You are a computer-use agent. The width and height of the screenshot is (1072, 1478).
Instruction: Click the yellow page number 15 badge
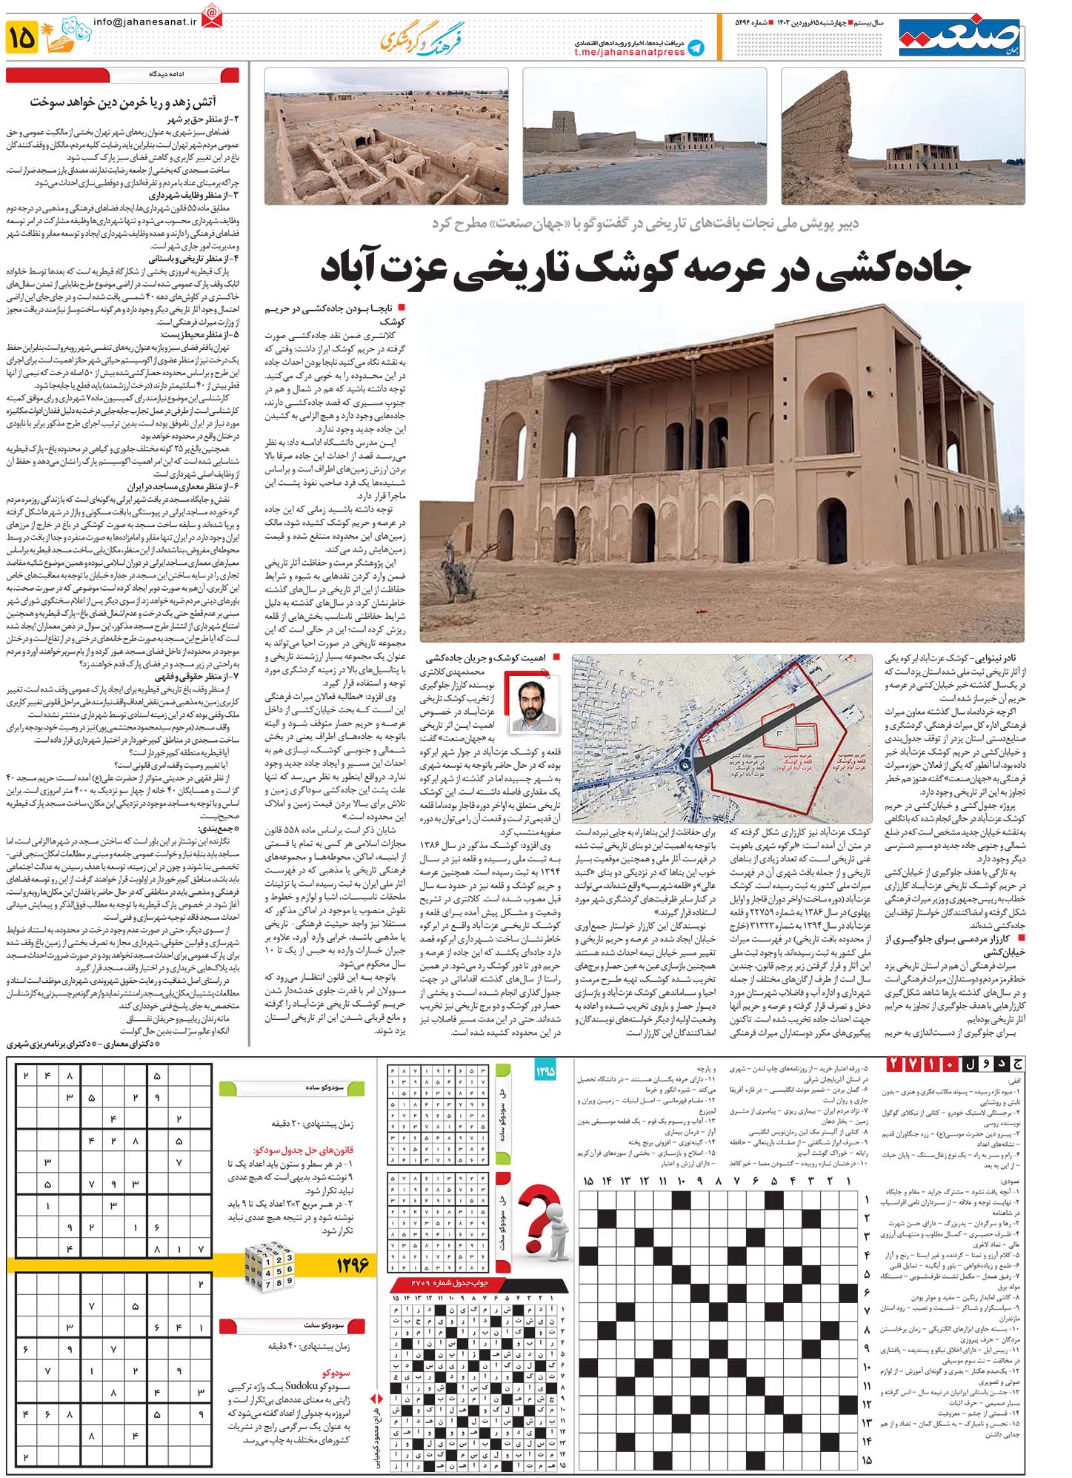pos(21,37)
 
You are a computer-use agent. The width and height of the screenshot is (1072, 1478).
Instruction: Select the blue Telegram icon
pos(695,48)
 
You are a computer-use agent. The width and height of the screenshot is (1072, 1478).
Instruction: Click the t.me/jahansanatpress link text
pos(630,53)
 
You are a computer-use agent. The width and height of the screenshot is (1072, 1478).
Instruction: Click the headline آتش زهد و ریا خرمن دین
pos(122,102)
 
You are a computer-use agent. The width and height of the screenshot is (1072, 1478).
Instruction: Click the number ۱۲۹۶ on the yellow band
pos(351,1263)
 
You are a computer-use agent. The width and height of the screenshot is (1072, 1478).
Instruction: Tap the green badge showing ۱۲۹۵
pos(545,1072)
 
